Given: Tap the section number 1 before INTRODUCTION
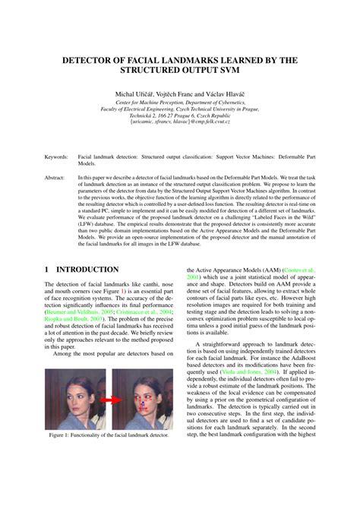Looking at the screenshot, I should (47, 270).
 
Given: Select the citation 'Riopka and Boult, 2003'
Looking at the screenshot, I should (74, 319).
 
